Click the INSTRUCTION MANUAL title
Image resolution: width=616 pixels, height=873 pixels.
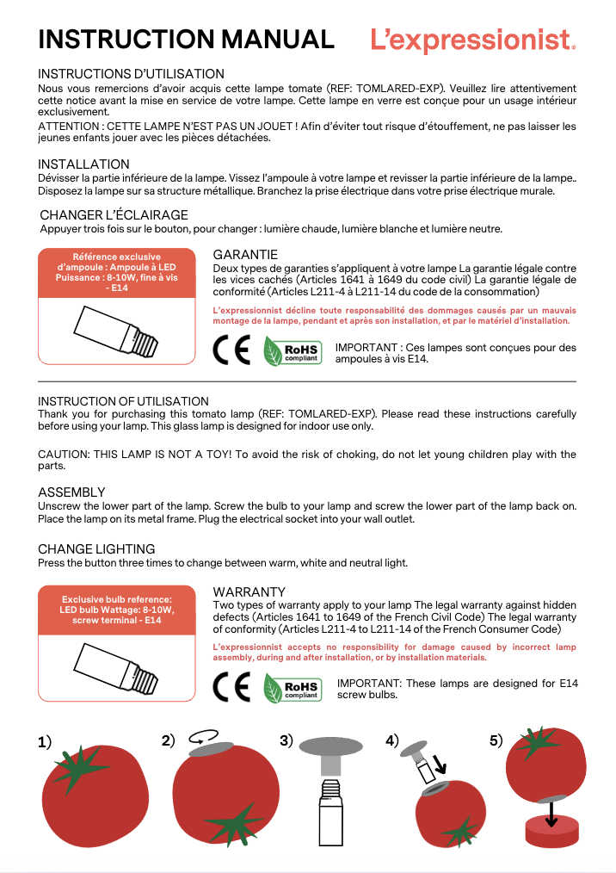point(186,40)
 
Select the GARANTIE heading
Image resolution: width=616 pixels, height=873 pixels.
point(245,255)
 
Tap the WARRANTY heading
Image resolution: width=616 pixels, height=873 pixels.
point(249,592)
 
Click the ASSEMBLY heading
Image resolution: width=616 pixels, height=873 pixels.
point(71,492)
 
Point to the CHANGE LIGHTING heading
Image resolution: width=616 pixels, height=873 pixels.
point(96,549)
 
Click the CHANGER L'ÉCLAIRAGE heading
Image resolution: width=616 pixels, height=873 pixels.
point(114,215)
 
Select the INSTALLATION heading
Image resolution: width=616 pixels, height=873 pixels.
point(83,164)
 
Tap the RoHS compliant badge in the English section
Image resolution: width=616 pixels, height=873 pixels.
point(293,689)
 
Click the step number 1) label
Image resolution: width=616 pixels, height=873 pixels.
point(45,742)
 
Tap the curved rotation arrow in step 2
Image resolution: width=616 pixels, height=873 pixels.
point(203,737)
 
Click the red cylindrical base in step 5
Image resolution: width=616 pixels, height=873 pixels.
point(551,835)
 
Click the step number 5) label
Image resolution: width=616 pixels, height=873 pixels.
point(496,741)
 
